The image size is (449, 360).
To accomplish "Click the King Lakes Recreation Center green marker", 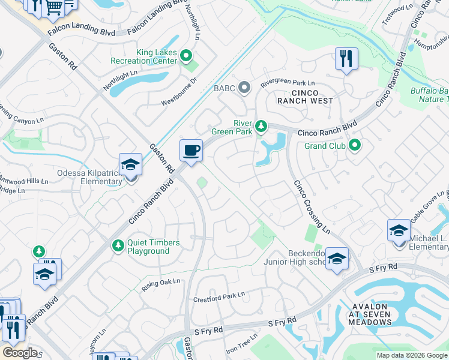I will [186, 57].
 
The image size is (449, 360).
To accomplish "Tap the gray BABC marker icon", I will [244, 88].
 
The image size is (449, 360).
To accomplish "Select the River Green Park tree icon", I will [261, 125].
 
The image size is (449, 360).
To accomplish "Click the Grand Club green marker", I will [355, 145].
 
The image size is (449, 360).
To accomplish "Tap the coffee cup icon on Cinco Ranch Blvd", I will [191, 150].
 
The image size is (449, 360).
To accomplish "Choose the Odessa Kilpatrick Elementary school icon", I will [130, 165].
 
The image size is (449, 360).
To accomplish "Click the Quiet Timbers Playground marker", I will [118, 245].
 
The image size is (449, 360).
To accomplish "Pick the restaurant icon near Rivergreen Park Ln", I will [346, 59].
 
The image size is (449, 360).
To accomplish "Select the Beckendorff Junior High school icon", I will [337, 259].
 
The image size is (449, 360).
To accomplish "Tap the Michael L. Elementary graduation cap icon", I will [399, 231].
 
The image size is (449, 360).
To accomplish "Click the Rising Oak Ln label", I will [161, 285].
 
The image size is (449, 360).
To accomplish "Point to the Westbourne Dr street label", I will [179, 91].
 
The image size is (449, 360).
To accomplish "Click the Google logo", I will [20, 353].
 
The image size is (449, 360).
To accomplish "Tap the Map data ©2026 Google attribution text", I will [411, 355].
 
